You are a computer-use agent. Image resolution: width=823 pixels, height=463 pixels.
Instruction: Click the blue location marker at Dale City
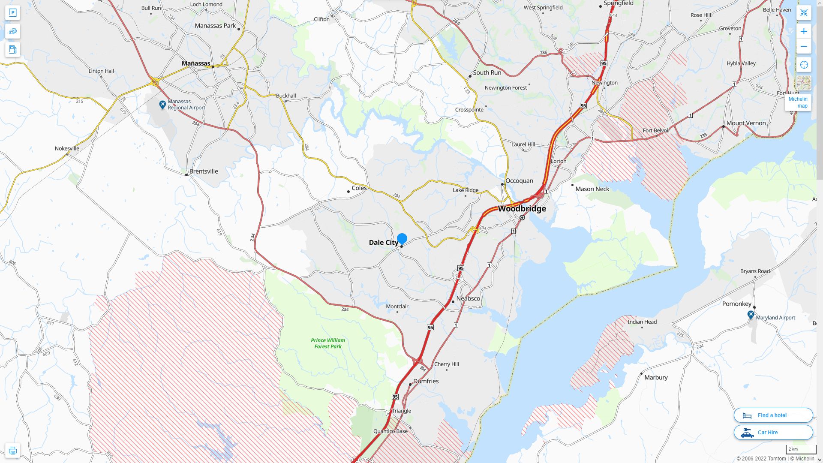402,239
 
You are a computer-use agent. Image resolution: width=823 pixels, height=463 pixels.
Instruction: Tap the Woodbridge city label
522,209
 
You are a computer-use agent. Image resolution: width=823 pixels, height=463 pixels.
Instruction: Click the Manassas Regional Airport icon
162,105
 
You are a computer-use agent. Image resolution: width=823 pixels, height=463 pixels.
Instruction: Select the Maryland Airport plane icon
751,315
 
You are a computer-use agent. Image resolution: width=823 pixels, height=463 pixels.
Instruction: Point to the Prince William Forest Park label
328,343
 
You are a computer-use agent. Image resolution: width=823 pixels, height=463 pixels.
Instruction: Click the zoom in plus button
804,31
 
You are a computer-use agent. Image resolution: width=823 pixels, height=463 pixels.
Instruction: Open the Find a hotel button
773,415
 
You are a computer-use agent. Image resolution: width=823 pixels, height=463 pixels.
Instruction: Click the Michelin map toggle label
798,102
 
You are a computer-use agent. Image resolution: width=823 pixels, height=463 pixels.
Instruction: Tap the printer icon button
12,451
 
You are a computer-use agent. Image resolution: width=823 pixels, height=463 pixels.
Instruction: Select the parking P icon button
12,13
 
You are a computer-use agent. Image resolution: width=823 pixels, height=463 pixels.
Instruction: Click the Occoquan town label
519,181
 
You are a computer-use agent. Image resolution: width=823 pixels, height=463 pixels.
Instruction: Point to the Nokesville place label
67,149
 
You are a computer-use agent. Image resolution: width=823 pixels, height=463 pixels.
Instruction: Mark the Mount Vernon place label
745,123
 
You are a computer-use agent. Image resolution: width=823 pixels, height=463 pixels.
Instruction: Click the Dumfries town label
426,381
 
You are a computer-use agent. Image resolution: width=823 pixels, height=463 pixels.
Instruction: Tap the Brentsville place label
204,171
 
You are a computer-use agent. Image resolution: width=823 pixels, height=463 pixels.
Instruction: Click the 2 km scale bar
800,450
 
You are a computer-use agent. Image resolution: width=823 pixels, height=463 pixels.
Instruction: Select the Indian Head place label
642,322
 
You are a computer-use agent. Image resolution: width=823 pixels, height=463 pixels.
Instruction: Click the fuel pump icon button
12,49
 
